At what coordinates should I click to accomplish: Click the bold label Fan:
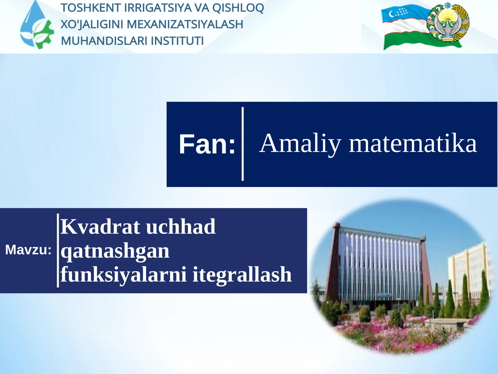coord(207,144)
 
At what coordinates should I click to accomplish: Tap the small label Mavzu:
coord(28,250)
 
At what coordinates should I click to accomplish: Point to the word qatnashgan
coord(115,251)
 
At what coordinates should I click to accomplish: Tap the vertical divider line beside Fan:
coord(242,144)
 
